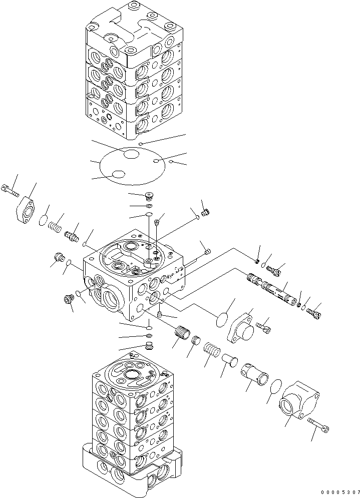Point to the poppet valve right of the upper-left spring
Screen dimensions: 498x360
point(72,234)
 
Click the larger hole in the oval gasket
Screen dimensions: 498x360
point(131,155)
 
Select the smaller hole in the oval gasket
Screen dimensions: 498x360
point(118,174)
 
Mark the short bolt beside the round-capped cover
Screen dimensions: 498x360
point(264,327)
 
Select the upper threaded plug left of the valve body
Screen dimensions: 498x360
point(60,258)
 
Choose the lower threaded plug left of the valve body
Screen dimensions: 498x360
point(67,299)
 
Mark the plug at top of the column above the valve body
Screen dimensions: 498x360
point(148,196)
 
